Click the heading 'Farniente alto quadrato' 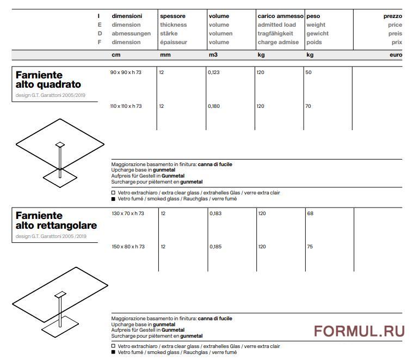pyautogui.click(x=48, y=80)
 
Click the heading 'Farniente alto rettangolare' pyautogui.click(x=56, y=220)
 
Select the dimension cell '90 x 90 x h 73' pyautogui.click(x=126, y=72)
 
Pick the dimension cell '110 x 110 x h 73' pyautogui.click(x=127, y=106)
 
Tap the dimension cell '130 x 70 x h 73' pyautogui.click(x=128, y=213)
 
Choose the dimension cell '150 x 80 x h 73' pyautogui.click(x=128, y=247)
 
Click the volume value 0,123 pyautogui.click(x=214, y=72)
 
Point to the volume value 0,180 pyautogui.click(x=214, y=106)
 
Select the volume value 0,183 pyautogui.click(x=215, y=213)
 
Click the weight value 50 pyautogui.click(x=309, y=72)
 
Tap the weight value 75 pyautogui.click(x=310, y=247)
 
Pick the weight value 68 pyautogui.click(x=310, y=213)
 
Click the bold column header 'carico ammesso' pyautogui.click(x=280, y=16)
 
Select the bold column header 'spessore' pyautogui.click(x=172, y=16)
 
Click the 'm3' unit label pyautogui.click(x=213, y=55)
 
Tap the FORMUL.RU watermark pyautogui.click(x=359, y=331)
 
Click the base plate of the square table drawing pyautogui.click(x=59, y=175)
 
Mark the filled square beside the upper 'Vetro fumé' pyautogui.click(x=113, y=199)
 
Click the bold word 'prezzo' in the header pyautogui.click(x=392, y=16)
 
